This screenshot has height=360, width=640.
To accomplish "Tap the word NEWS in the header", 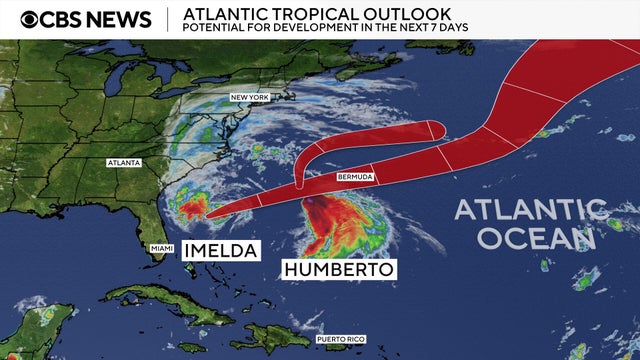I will point(120,19).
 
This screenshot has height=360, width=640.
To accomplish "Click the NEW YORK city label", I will point(250,97).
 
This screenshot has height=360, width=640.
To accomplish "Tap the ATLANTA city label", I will point(124,162).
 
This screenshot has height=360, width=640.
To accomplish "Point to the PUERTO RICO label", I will point(340,340).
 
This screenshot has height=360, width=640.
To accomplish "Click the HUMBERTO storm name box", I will point(339,270).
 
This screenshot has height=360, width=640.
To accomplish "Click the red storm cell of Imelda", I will point(196,208).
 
